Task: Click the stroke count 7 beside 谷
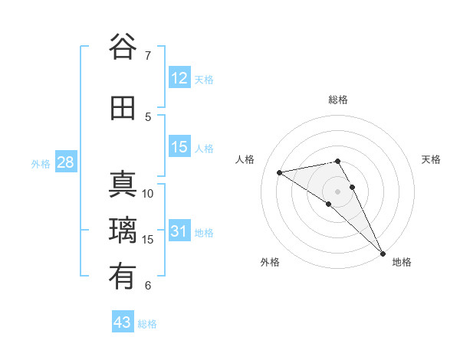coord(148,55)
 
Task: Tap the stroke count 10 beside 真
coord(148,193)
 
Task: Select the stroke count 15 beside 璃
coord(148,239)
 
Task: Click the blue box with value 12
coord(179,78)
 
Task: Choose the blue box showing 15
coord(179,147)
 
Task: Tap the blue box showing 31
coord(179,231)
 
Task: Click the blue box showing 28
coord(65,162)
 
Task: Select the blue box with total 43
coord(123,322)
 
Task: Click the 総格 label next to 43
coord(147,324)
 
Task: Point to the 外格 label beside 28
coord(40,164)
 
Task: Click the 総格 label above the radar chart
coord(338,100)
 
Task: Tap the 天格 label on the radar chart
coord(431,159)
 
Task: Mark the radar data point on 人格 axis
coord(280,172)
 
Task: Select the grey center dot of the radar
coord(337,191)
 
